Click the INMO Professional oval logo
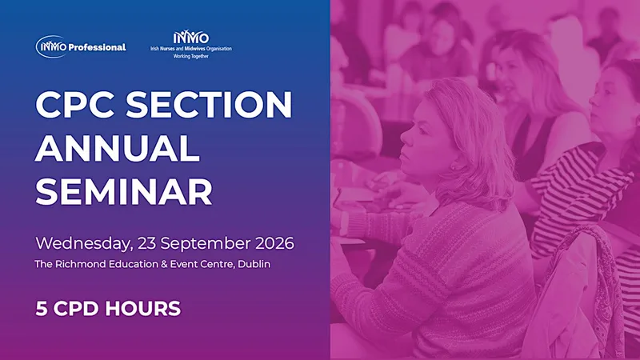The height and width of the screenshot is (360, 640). click(51, 47)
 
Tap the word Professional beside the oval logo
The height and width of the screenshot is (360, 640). click(97, 47)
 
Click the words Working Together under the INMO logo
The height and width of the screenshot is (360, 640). click(191, 56)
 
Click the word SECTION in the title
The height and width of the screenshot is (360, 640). click(209, 105)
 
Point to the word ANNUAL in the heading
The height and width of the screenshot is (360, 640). click(118, 148)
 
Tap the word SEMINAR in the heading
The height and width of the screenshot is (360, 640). click(124, 191)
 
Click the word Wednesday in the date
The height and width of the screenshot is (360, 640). click(84, 244)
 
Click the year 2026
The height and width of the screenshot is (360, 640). click(274, 243)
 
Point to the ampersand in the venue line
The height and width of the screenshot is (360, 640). click(164, 264)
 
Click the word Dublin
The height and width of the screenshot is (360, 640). click(254, 264)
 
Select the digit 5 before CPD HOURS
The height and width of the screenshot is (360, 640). click(42, 309)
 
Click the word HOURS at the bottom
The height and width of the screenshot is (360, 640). click(143, 309)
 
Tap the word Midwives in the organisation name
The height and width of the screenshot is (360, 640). click(194, 49)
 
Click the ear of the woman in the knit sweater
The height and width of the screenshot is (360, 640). click(453, 166)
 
